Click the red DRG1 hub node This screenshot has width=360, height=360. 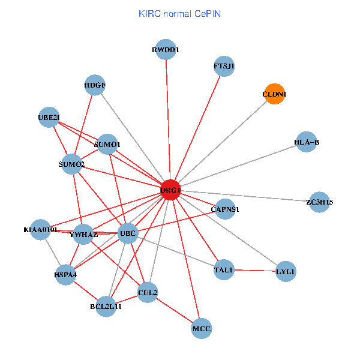pos(170,190)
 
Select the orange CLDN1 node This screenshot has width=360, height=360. pos(274,94)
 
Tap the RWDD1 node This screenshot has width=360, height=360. pos(166,50)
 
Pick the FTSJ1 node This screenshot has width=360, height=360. pos(224,65)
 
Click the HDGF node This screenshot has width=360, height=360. pos(95,85)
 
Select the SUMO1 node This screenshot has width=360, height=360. pos(107,144)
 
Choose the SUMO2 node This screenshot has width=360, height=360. pos(72,164)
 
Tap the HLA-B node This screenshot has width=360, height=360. pos(307,142)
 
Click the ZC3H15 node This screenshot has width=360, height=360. pos(319,202)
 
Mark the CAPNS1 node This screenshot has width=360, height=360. pos(225,209)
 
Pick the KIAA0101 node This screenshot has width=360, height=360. pos(40,229)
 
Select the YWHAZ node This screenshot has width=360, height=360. pos(83,235)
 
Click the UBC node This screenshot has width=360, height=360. pos(128,233)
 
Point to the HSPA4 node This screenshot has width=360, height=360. pos(65,274)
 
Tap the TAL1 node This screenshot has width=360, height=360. pos(223,270)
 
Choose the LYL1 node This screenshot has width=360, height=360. pos(286,272)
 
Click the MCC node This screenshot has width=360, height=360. pos(202,328)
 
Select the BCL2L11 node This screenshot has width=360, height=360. pos(106,306)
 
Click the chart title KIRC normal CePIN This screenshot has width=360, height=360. pos(179,13)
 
